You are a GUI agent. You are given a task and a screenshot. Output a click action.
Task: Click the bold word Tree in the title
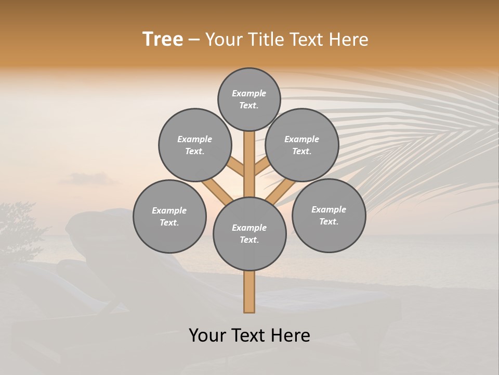coord(163,40)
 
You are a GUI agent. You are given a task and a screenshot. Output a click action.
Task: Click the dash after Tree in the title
coord(194,40)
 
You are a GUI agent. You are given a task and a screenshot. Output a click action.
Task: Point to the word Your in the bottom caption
coord(207,335)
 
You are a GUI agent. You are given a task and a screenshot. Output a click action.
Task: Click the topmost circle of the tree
coord(249,99)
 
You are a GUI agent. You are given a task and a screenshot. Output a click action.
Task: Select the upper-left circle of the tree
coord(195,145)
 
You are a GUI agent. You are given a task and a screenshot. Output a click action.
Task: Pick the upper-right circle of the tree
coord(302,145)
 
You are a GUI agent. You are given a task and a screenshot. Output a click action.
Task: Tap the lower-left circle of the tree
coord(169,216)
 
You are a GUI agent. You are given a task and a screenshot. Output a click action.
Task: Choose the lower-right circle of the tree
coord(329,215)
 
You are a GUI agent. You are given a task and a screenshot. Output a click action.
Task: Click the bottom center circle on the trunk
coord(249,233)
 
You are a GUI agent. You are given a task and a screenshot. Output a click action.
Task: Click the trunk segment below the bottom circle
coord(249,292)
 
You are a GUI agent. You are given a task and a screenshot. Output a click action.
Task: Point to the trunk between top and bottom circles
coord(249,164)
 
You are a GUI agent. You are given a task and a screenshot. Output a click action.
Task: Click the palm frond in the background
coord(416,130)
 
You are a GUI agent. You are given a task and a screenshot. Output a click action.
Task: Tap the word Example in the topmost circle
coord(249,93)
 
